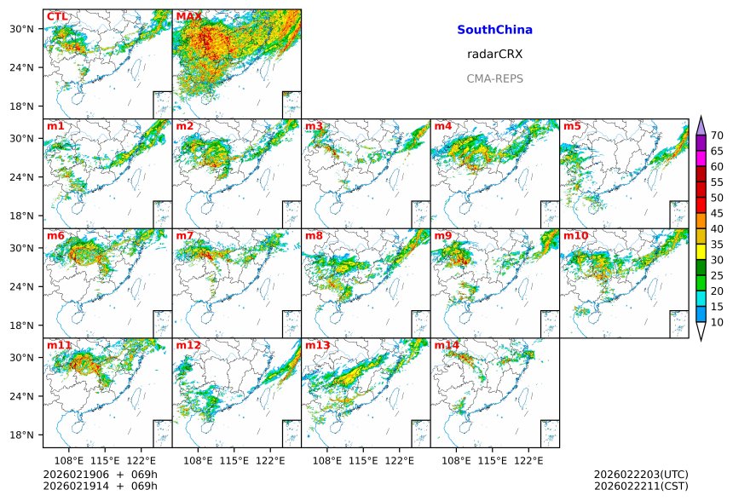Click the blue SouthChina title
[494, 30]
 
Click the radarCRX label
[494, 54]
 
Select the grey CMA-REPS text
[494, 78]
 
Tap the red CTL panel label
[57, 17]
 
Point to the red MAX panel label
[188, 17]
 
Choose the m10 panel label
[575, 236]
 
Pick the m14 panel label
[447, 345]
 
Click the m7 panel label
[185, 236]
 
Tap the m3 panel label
[314, 126]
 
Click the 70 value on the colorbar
[717, 135]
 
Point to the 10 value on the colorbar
[717, 322]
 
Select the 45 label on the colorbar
[717, 213]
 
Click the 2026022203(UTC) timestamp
[640, 474]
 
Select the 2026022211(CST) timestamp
[640, 486]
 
